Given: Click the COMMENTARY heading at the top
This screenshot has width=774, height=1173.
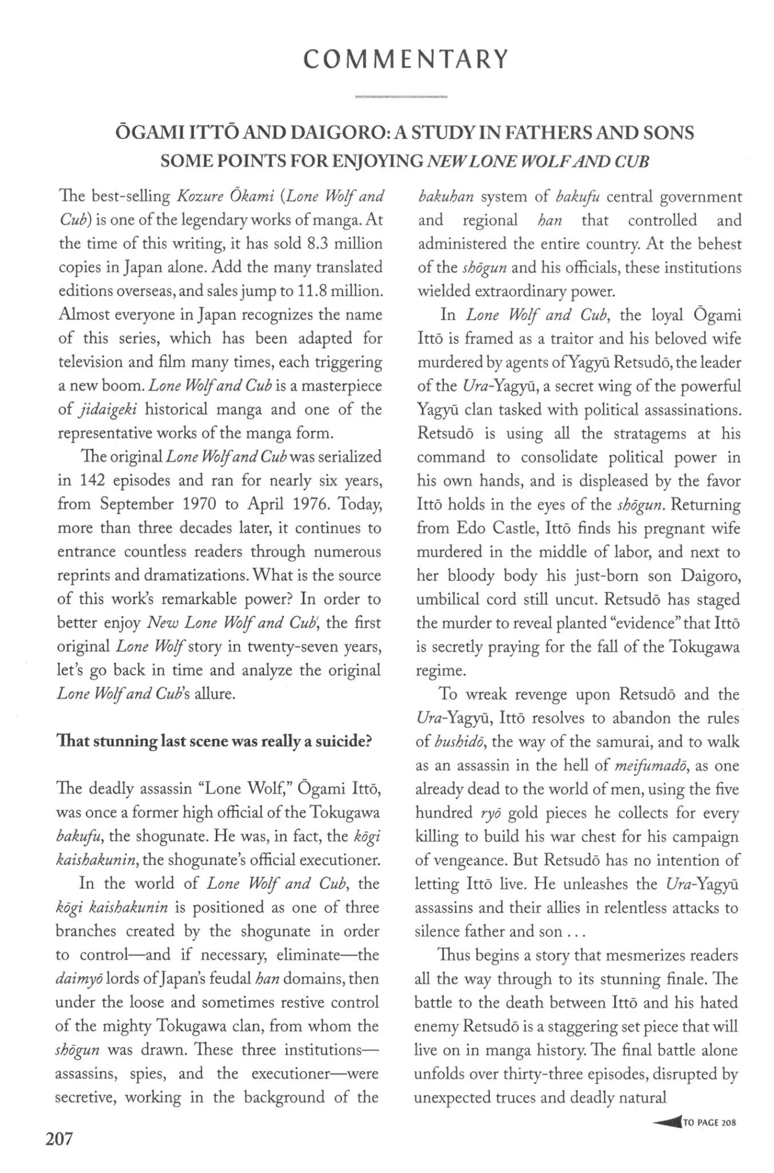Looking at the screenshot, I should (x=406, y=60).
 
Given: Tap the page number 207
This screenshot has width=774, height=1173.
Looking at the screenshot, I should (x=60, y=1139).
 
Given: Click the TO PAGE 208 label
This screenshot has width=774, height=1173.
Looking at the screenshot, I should (x=709, y=1123).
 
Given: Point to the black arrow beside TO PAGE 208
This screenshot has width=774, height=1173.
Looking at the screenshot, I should (x=666, y=1123).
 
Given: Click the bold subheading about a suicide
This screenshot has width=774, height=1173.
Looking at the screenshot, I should (x=214, y=742).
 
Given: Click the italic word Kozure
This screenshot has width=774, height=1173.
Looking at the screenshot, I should (x=200, y=197).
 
